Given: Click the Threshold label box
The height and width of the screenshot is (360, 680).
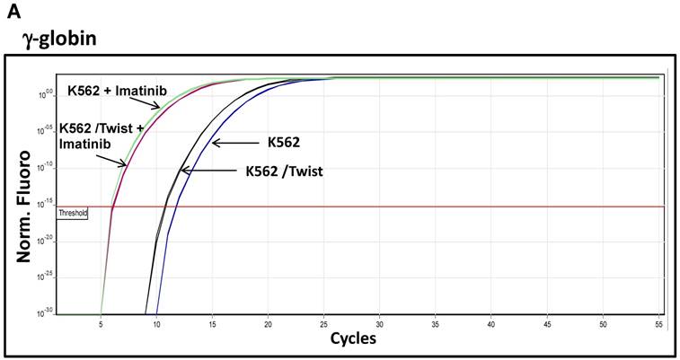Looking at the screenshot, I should [72, 214].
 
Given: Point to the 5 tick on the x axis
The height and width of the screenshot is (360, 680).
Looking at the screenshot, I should [101, 320].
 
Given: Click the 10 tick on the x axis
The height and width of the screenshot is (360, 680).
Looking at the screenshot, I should [156, 320].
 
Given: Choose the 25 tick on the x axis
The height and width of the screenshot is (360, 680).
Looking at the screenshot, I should [323, 320].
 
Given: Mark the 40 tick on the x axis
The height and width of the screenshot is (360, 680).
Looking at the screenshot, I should [490, 320].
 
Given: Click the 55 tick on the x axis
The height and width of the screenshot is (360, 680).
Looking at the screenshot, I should [658, 320].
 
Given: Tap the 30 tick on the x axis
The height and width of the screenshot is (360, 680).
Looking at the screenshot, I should [379, 320].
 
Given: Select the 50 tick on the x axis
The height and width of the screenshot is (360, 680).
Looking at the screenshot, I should [602, 320].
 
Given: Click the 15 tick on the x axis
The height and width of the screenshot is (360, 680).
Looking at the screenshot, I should [212, 320].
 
